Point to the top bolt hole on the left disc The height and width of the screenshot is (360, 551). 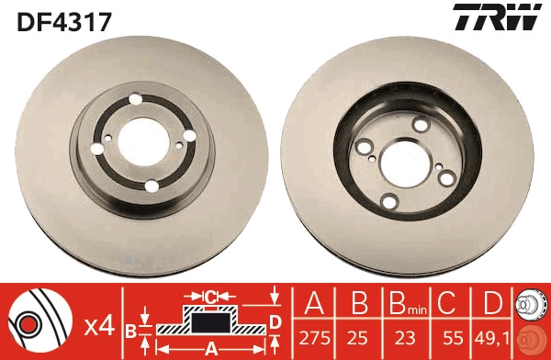pos(135,101)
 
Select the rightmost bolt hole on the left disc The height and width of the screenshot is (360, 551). pos(191,136)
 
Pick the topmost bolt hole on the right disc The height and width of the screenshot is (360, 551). pos(421,124)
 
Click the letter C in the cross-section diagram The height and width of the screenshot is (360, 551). pos(209,297)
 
